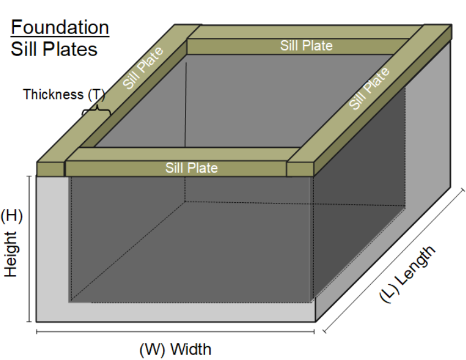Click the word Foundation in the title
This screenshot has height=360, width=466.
coord(59,27)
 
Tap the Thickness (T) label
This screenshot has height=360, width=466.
coord(63,95)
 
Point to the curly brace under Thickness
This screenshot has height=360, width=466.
coord(96,111)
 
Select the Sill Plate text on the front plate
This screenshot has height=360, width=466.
coord(191,168)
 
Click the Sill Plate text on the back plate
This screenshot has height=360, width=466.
coord(306,46)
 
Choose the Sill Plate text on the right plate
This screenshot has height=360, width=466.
coord(370,88)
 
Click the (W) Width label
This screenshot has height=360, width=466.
coord(175,349)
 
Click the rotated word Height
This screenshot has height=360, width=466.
coord(12,254)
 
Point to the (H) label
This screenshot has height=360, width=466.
coord(12,216)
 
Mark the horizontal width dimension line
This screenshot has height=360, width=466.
coord(175,332)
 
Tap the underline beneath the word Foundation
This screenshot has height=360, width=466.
coord(59,36)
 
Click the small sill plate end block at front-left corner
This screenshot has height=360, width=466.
coord(50,169)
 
